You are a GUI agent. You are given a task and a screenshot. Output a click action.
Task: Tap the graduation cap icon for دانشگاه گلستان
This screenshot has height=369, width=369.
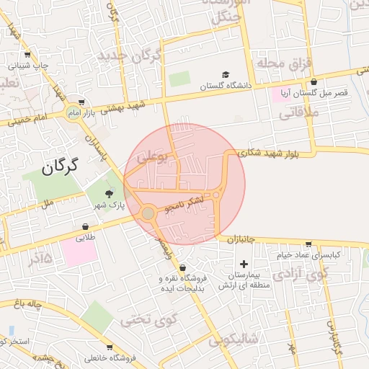pos(226,75)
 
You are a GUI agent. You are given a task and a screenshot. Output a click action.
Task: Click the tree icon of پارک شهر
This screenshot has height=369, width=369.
pos(109,193)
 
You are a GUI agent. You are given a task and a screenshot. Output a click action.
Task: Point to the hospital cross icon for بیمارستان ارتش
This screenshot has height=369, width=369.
pos(243,266)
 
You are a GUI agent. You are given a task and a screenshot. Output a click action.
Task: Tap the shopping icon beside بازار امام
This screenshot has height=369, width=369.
pos(81,102)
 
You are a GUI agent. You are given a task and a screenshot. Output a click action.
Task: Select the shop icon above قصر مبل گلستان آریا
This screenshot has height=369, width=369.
pos(314,82)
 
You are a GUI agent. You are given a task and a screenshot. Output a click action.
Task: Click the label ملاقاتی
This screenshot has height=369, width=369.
pos(295,112)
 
